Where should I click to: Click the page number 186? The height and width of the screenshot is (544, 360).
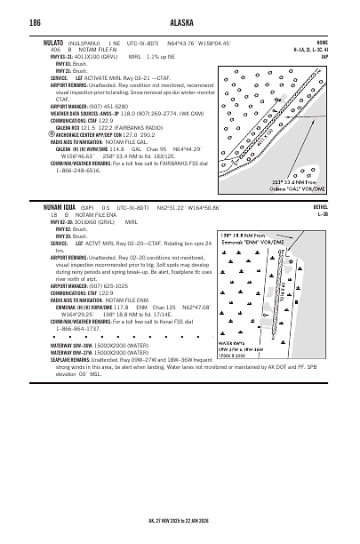(35, 22)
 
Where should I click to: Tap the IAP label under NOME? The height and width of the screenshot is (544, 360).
(324, 57)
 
